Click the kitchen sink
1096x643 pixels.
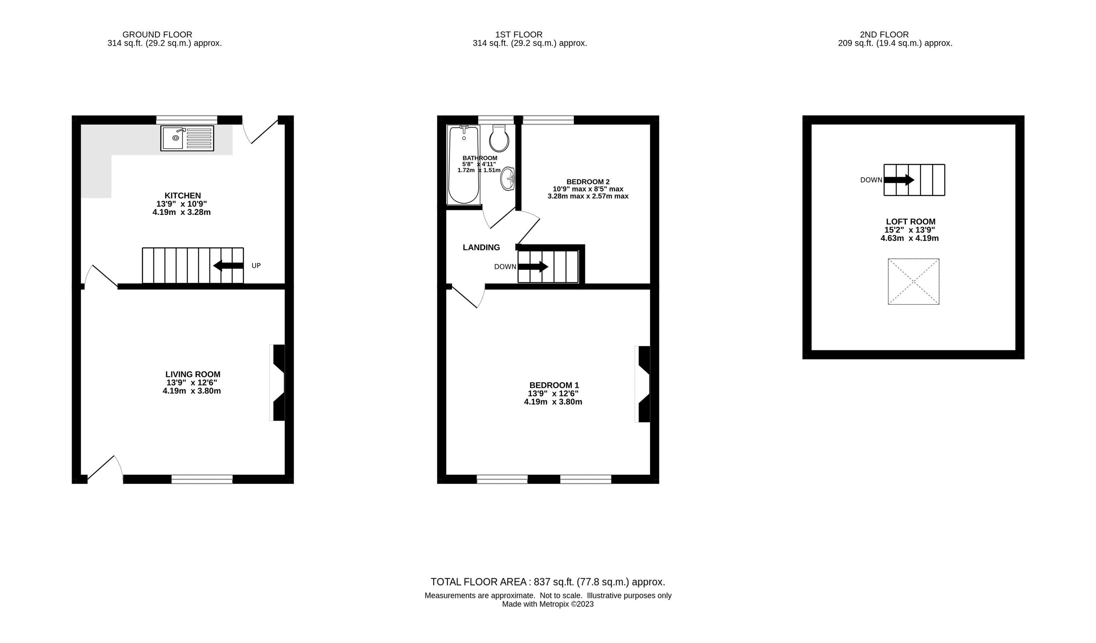click(187, 138)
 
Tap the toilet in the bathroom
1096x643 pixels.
click(499, 138)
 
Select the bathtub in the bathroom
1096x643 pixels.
click(464, 165)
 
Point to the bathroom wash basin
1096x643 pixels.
click(507, 179)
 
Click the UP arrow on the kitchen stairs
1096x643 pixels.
click(228, 266)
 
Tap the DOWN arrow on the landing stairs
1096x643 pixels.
click(533, 267)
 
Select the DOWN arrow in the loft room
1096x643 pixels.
click(899, 180)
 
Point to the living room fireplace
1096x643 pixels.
click(277, 383)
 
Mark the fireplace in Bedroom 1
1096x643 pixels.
click(643, 384)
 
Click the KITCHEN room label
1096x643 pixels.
click(183, 196)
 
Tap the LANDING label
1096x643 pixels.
click(482, 247)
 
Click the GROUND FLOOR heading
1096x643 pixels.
click(157, 34)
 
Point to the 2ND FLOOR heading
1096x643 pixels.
click(884, 34)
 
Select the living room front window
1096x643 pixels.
click(202, 479)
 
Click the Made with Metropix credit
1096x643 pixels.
click(548, 604)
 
